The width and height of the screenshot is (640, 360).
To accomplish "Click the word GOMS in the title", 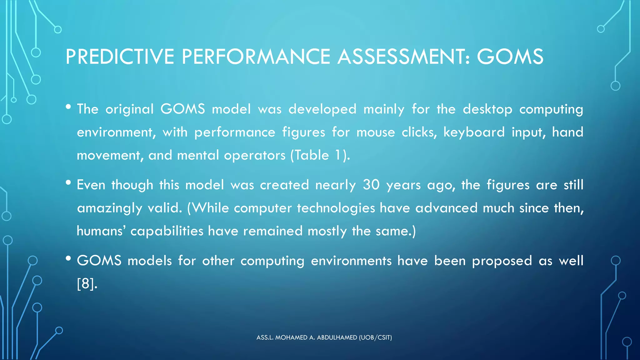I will pyautogui.click(x=510, y=57).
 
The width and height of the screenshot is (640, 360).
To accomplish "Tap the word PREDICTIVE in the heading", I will pyautogui.click(x=120, y=57).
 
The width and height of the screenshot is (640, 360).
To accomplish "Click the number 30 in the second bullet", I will pyautogui.click(x=371, y=185).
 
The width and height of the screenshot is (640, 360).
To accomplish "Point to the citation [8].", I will pyautogui.click(x=87, y=284).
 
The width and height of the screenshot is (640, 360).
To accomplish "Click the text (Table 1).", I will pyautogui.click(x=320, y=155).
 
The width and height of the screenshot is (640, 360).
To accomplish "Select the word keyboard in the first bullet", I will pyautogui.click(x=474, y=132).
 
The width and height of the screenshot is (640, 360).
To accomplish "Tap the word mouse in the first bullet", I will pyautogui.click(x=376, y=132).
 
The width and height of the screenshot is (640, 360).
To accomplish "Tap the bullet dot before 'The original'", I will pyautogui.click(x=68, y=107).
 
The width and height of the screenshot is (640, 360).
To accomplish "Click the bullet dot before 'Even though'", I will pyautogui.click(x=68, y=182).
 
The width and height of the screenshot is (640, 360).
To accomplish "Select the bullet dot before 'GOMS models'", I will pyautogui.click(x=68, y=258).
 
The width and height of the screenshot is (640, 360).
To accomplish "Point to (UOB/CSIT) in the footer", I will pyautogui.click(x=375, y=337).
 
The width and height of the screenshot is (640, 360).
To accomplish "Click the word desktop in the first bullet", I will pyautogui.click(x=487, y=109).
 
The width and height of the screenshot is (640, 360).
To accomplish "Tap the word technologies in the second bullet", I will pyautogui.click(x=336, y=208).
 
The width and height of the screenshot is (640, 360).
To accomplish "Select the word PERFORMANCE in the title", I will pyautogui.click(x=256, y=57).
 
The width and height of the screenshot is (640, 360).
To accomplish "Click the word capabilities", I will pyautogui.click(x=167, y=231).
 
